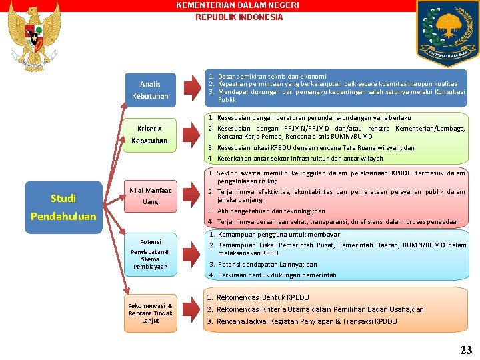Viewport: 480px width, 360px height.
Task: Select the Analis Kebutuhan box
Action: [150, 90]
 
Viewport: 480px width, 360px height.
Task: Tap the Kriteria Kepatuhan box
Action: [150, 135]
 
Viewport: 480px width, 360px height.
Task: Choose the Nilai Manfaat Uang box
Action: [150, 196]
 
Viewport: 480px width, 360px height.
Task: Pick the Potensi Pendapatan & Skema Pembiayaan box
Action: [150, 254]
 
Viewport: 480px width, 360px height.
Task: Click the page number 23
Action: [465, 349]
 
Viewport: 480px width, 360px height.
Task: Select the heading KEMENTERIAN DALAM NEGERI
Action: [237, 5]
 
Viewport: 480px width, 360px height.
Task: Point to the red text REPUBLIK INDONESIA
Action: [239, 17]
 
